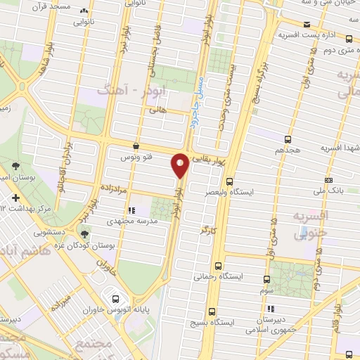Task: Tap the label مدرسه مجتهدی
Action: click(131, 220)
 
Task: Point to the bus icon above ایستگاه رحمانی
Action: click(219, 266)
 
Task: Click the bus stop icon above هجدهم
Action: click(288, 139)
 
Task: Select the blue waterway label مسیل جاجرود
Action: click(198, 112)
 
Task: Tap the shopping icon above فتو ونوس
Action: click(135, 146)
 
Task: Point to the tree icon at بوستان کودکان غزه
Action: click(85, 234)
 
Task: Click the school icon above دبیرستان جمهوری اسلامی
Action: click(269, 309)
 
